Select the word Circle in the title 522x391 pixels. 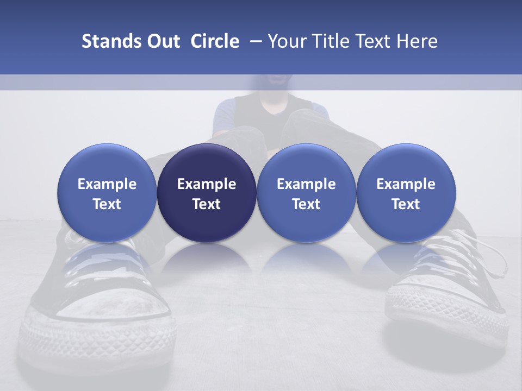click(215, 41)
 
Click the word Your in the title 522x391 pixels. click(286, 41)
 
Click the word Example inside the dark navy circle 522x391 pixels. click(207, 184)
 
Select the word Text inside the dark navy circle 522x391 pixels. click(207, 204)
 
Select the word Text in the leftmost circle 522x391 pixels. click(107, 204)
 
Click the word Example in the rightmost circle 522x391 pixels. click(406, 184)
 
